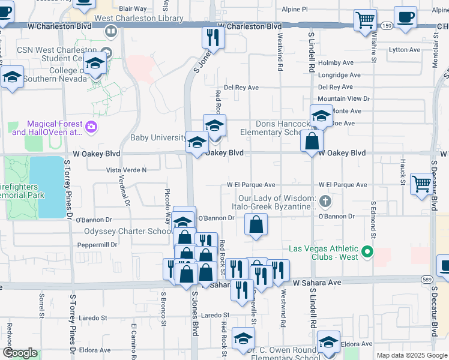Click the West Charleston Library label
pyautogui.click(x=139, y=19)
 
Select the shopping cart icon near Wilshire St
pyautogui.click(x=365, y=20)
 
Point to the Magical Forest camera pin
pyautogui.click(x=91, y=126)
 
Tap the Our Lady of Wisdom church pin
pyautogui.click(x=325, y=200)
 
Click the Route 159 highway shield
pyautogui.click(x=387, y=26)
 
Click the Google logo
pyautogui.click(x=19, y=353)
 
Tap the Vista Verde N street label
pyautogui.click(x=126, y=170)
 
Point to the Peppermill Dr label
pyautogui.click(x=97, y=245)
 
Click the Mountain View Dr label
pyautogui.click(x=344, y=99)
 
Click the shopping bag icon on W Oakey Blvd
pyautogui.click(x=312, y=142)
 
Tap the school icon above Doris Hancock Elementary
pyautogui.click(x=321, y=115)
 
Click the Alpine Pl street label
pyautogui.click(x=295, y=10)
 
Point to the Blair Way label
pyautogui.click(x=133, y=9)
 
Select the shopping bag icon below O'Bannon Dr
pyautogui.click(x=256, y=225)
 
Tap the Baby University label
pyautogui.click(x=159, y=137)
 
